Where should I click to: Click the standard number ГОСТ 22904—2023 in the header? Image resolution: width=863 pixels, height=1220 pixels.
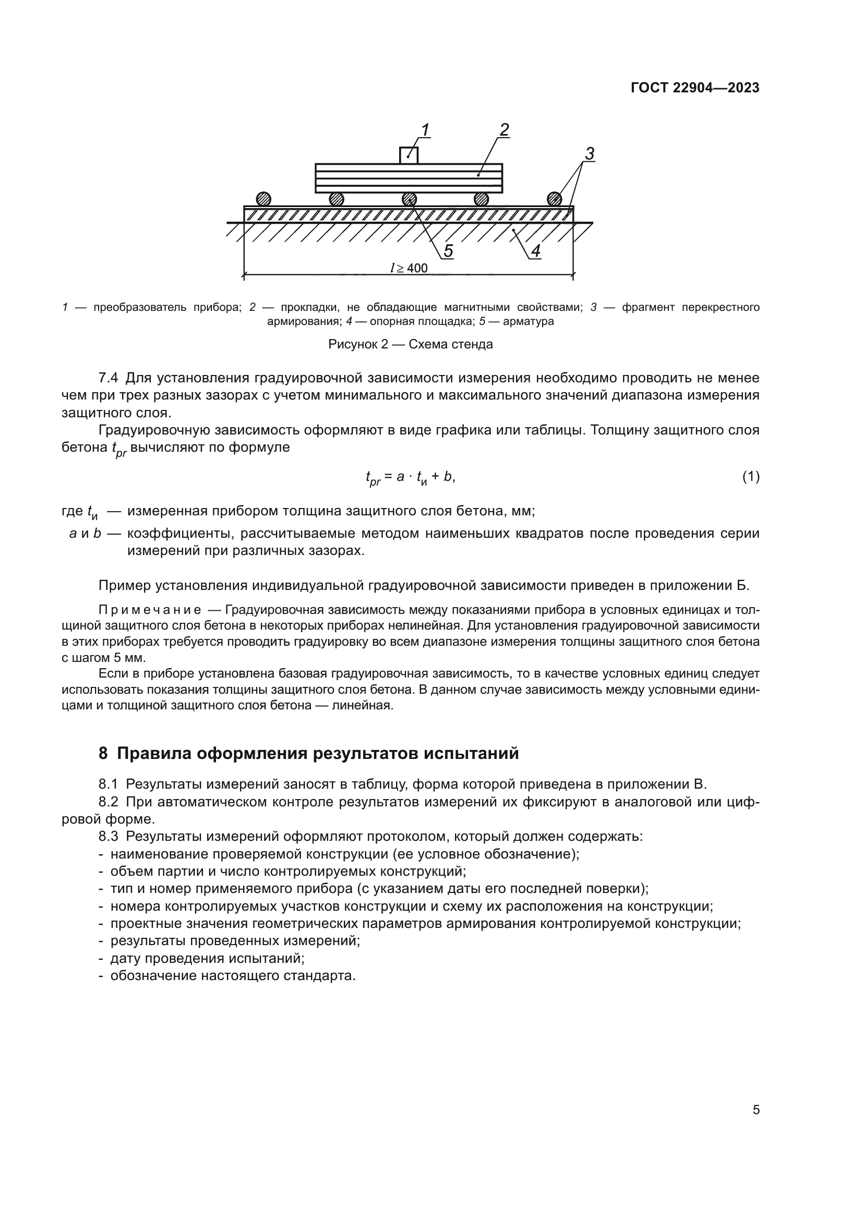click(694, 88)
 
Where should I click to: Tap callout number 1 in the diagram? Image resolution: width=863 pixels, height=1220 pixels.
click(425, 130)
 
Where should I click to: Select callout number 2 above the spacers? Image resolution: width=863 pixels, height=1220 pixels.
click(505, 130)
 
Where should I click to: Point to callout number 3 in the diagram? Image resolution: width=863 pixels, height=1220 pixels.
click(589, 154)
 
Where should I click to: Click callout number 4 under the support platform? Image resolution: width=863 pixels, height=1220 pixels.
click(536, 251)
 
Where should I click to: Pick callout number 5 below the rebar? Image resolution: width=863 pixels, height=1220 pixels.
click(449, 251)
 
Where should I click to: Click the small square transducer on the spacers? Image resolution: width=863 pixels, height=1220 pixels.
click(409, 155)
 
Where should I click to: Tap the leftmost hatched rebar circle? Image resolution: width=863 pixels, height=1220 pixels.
click(263, 199)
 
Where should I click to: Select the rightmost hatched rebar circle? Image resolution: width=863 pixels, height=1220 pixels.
click(554, 199)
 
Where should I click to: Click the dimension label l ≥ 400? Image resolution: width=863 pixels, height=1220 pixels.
click(409, 268)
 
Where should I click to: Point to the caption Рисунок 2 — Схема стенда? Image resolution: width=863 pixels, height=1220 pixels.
click(410, 344)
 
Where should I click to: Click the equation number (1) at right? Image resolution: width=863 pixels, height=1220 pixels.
click(750, 477)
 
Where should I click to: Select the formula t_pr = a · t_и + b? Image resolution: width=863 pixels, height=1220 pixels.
click(410, 478)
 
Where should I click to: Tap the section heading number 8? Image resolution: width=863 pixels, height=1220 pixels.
click(103, 754)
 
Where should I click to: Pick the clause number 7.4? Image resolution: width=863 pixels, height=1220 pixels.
click(109, 378)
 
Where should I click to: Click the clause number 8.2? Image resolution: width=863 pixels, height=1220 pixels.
click(109, 802)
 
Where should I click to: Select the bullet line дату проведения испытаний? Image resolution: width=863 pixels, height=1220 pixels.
click(207, 959)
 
